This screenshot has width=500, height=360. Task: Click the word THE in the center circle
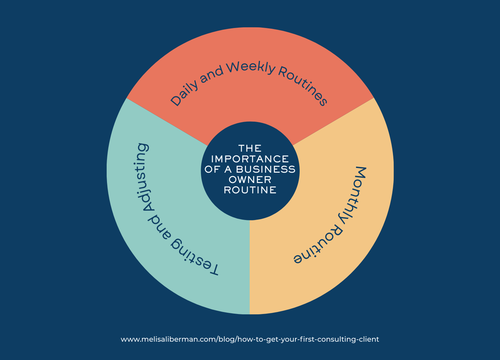pyautogui.click(x=250, y=148)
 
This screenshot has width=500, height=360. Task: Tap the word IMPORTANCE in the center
pyautogui.click(x=250, y=159)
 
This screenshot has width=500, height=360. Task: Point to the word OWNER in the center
pyautogui.click(x=250, y=180)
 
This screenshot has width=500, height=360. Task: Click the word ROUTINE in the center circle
pyautogui.click(x=250, y=190)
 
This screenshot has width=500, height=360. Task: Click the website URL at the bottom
pyautogui.click(x=250, y=339)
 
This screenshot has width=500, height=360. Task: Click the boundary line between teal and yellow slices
pyautogui.click(x=250, y=267)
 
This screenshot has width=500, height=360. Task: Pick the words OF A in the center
pyautogui.click(x=218, y=169)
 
